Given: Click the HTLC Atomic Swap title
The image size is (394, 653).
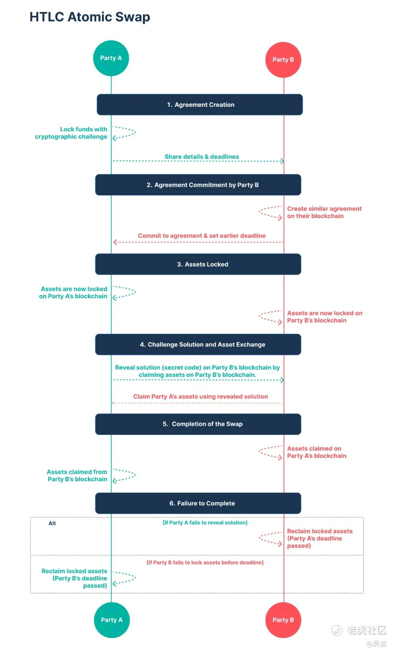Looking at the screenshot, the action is pos(90,17).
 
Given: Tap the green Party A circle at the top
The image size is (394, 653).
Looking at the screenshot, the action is pos(111,58).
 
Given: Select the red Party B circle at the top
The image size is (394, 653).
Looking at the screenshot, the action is pos(283,60).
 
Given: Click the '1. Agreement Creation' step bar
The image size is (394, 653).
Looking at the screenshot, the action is pos(200,105).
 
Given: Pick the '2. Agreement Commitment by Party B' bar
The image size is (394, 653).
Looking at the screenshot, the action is pos(198,185).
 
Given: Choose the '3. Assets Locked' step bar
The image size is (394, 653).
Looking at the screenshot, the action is pos(198,264).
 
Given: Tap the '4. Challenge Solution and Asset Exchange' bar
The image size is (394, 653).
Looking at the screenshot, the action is pos(198,345).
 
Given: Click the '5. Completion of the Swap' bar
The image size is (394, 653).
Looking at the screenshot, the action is pos(198,424).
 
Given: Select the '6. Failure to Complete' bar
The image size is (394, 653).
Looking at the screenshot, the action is pos(198,504).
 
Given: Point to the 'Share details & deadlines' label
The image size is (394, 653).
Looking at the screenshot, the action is pos(202,157).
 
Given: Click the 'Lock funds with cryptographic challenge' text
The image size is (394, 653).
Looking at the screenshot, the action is pos(71,133).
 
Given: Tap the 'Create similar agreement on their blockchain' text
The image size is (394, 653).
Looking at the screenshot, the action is pos(324,212).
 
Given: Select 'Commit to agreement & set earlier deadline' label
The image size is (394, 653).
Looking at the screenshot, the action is pos(202,236).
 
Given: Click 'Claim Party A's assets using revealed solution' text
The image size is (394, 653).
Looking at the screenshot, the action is pos(201,397).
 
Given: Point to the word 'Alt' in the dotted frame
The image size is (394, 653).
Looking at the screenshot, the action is pos(52,524).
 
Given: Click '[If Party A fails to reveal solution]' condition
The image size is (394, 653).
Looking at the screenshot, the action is pos(205,523).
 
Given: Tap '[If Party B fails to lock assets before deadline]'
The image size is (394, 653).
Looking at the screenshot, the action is pos(205,563).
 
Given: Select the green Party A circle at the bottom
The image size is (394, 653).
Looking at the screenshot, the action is pos(112,620).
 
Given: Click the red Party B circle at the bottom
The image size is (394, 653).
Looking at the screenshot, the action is pos(283,620).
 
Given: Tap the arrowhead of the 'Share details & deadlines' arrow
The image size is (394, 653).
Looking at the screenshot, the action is pos(282,161).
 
